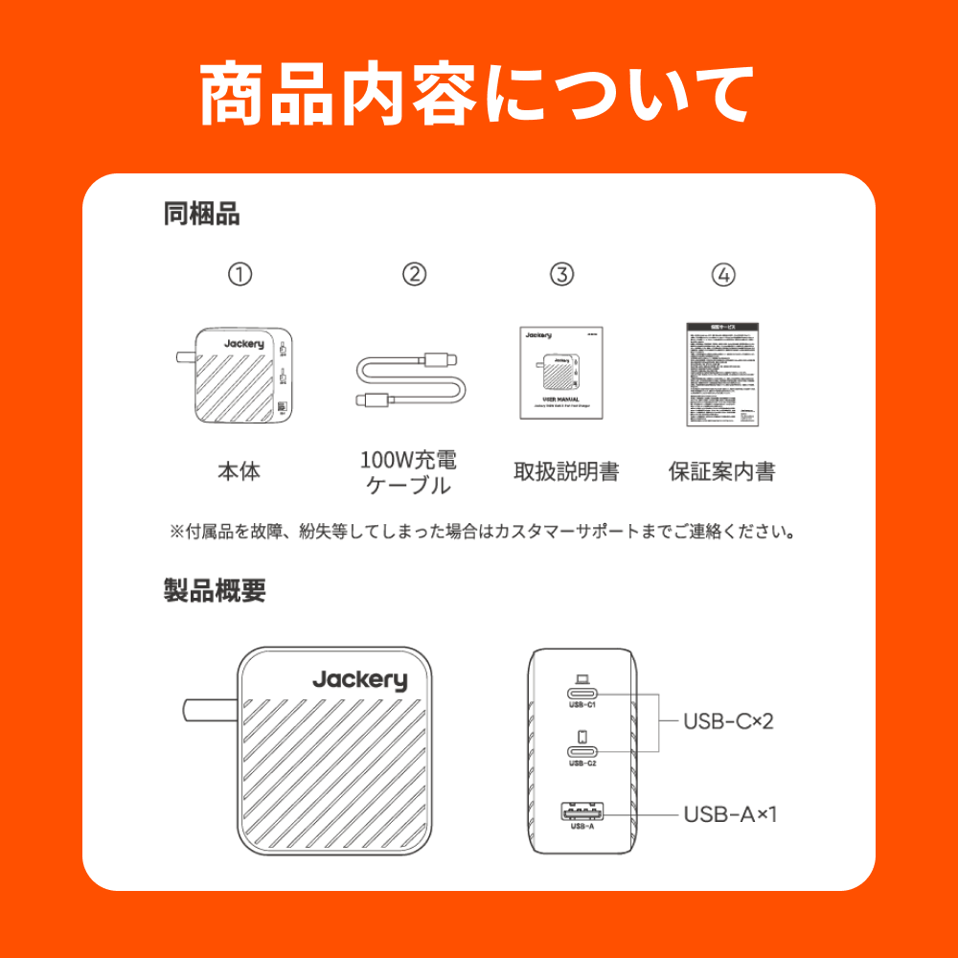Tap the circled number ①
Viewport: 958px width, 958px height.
click(x=239, y=275)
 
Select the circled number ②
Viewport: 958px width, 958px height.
click(x=414, y=275)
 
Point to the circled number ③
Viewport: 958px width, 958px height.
click(x=561, y=275)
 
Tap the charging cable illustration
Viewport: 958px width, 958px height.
click(x=411, y=380)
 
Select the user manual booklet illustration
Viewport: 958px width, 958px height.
click(x=561, y=372)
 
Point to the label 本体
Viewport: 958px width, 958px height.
click(x=239, y=471)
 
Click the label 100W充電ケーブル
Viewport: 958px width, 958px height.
click(x=409, y=471)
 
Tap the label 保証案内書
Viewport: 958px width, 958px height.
click(x=721, y=471)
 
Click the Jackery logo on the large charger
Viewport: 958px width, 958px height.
click(x=359, y=680)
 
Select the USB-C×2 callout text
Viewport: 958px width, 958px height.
click(x=728, y=721)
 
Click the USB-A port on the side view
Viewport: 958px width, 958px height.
click(x=582, y=813)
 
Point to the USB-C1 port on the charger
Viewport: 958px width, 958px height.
click(x=582, y=694)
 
